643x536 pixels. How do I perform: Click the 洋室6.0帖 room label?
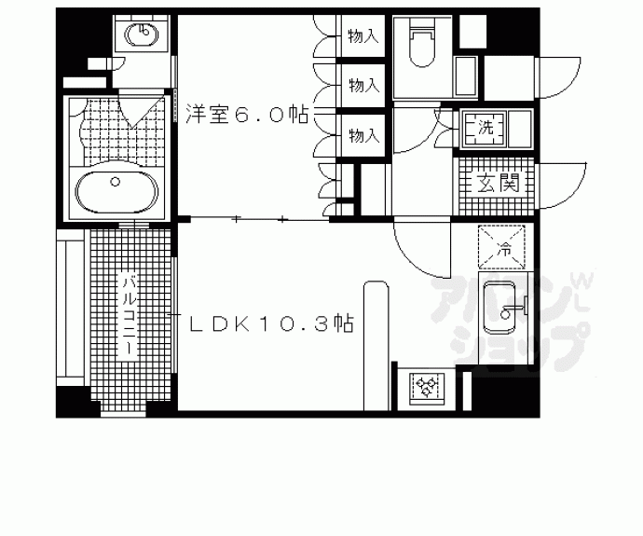(247, 115)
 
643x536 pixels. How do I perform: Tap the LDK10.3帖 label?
(271, 323)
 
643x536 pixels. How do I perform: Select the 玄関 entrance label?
(498, 183)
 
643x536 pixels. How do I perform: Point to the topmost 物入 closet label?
(363, 36)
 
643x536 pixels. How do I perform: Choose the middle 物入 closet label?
(363, 86)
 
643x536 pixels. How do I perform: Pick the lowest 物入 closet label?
(363, 135)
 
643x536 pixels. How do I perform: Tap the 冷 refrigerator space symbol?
(502, 246)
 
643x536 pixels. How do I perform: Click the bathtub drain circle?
(116, 181)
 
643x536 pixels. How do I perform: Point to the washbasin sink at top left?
(142, 34)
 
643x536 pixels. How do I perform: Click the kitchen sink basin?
(499, 308)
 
